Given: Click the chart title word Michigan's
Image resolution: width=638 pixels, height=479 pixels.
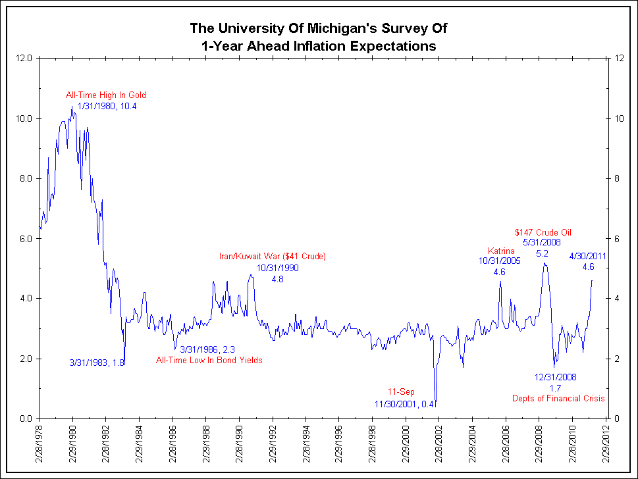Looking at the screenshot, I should pyautogui.click(x=364, y=28).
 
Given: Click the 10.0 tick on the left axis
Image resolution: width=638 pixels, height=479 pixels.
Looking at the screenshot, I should pyautogui.click(x=24, y=118).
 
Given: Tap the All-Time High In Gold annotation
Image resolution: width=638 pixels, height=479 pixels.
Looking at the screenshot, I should pyautogui.click(x=105, y=95).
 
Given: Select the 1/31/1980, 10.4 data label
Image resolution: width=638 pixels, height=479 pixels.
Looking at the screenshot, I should pyautogui.click(x=107, y=106).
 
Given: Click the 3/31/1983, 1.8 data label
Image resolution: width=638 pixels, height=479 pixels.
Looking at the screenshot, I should pyautogui.click(x=97, y=362).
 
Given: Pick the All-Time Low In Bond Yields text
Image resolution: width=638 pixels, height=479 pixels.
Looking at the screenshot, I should pyautogui.click(x=209, y=360).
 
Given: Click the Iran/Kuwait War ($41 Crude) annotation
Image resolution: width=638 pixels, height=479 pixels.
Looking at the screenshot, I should pyautogui.click(x=273, y=256).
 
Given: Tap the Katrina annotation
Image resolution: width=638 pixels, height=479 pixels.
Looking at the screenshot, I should pyautogui.click(x=500, y=251).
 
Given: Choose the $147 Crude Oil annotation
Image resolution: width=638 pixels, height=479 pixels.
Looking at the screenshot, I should pyautogui.click(x=543, y=232).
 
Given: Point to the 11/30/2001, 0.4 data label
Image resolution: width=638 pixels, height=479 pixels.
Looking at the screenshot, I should pyautogui.click(x=404, y=403).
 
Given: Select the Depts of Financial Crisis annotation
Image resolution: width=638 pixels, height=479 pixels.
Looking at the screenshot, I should pyautogui.click(x=558, y=399).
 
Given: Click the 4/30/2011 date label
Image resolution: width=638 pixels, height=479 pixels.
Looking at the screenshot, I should pyautogui.click(x=588, y=256).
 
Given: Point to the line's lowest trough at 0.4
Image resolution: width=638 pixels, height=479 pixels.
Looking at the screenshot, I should pyautogui.click(x=435, y=406).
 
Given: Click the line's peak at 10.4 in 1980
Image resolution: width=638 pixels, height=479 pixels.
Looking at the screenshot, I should pyautogui.click(x=72, y=107).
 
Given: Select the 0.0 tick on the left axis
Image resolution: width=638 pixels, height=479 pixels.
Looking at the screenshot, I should pyautogui.click(x=25, y=418).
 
